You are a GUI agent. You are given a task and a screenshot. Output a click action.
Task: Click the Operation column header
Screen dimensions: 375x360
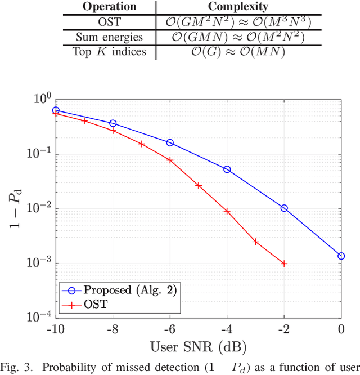[x=109, y=7]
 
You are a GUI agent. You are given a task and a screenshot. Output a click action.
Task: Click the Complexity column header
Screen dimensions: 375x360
[x=237, y=7]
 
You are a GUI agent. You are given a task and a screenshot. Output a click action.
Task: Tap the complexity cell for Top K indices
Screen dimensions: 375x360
[x=237, y=52]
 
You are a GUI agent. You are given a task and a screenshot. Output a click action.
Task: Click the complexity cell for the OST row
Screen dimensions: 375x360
[x=237, y=22]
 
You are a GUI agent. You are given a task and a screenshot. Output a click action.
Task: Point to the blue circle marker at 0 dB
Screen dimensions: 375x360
[x=341, y=256]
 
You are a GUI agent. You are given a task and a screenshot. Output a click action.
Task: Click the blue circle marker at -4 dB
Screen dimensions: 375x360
[x=227, y=169]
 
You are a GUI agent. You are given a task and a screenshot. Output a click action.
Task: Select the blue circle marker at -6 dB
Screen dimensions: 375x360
[x=170, y=142]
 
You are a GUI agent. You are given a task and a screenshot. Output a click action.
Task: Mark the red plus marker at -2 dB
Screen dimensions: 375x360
[x=284, y=264]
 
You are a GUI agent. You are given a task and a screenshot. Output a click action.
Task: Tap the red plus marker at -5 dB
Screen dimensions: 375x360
[x=199, y=185]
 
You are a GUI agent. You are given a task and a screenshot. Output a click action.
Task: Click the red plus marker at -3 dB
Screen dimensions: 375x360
[x=255, y=242]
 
